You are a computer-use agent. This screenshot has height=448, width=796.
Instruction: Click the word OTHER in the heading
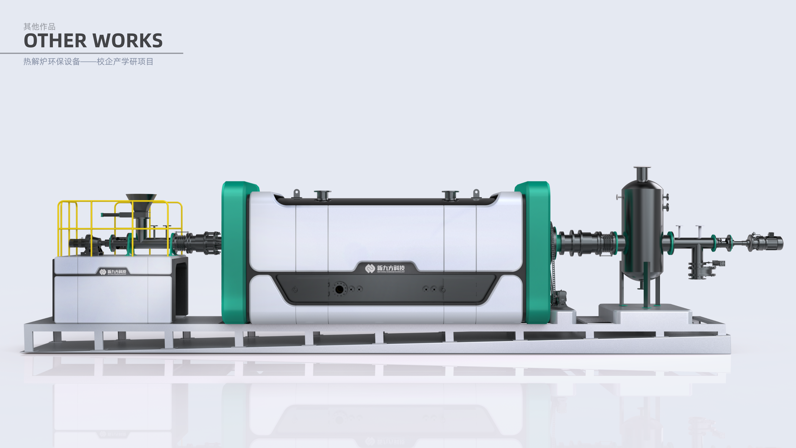point(55,41)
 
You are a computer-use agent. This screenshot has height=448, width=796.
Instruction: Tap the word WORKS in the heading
point(127,41)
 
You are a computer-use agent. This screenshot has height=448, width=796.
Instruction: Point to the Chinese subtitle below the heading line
point(88,62)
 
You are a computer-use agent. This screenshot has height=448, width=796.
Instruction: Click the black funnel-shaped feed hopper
point(141,201)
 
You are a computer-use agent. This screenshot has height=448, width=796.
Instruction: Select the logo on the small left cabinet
point(113,272)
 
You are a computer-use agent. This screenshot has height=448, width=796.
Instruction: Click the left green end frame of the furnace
point(235,252)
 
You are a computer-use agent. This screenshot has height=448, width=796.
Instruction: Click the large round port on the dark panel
point(339,289)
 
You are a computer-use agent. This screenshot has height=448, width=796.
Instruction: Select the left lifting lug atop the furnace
point(296,194)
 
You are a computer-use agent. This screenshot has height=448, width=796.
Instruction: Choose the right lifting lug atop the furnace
point(476,194)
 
